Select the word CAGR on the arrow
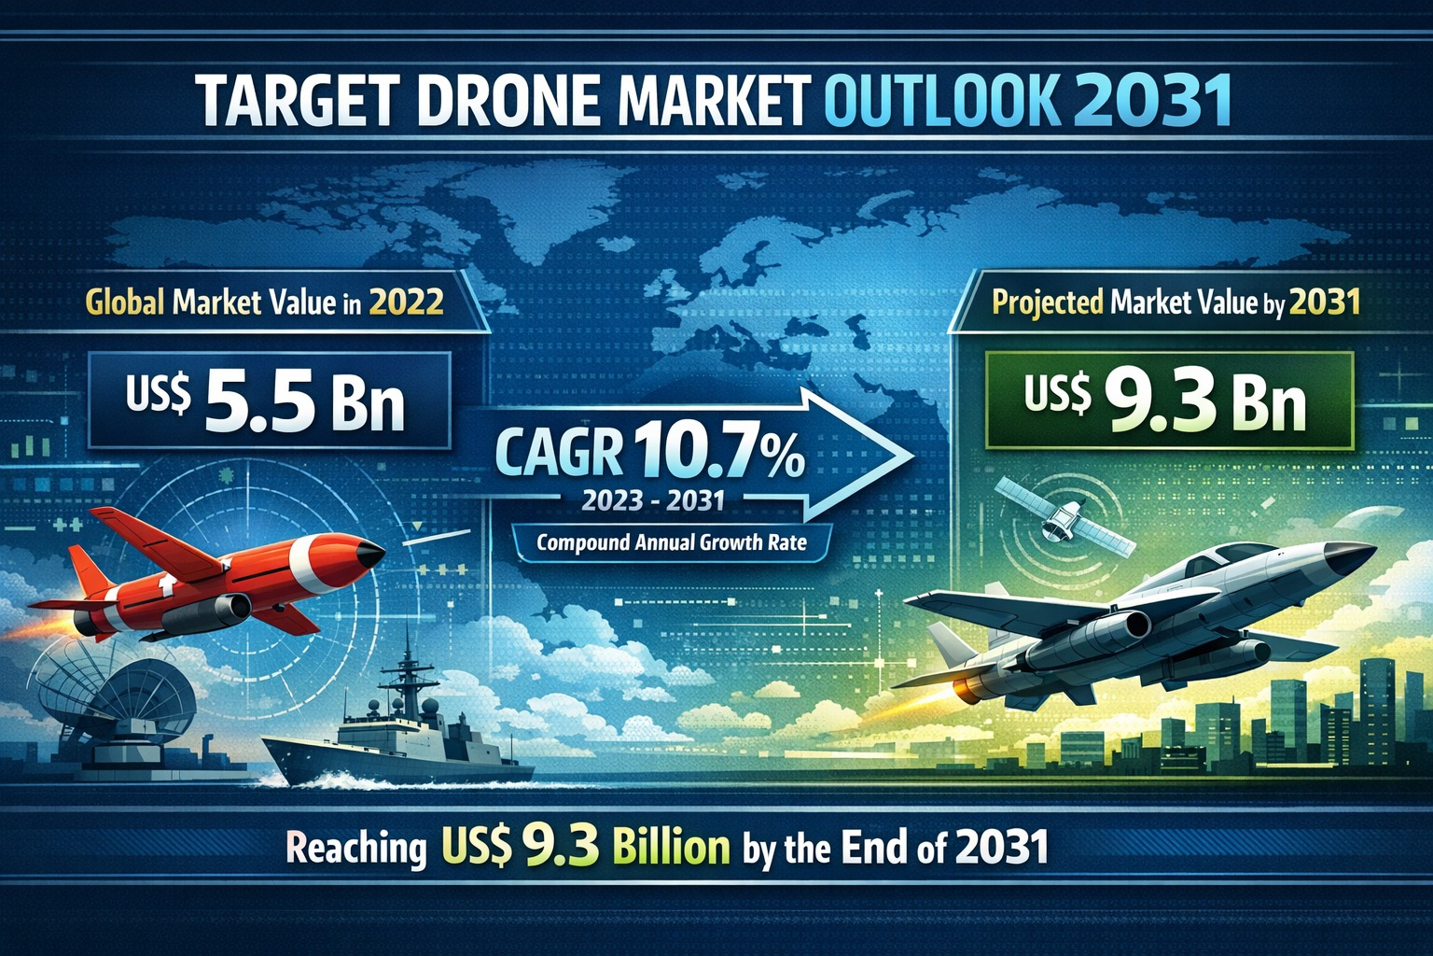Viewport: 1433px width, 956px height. pos(558,455)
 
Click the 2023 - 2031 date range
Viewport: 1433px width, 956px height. pos(652,501)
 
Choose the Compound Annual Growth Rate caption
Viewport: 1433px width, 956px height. pos(671,541)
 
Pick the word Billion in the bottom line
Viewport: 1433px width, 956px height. pos(672,847)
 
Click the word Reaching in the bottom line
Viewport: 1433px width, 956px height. pos(355,849)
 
